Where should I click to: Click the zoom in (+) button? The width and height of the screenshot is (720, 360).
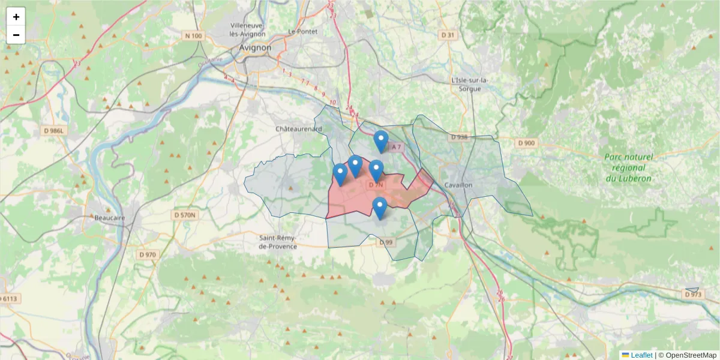click(x=16, y=17)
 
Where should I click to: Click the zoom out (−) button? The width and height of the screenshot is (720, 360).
click(x=16, y=35)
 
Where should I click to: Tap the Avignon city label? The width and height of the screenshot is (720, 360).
click(x=255, y=48)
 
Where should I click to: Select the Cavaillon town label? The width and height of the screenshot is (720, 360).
click(x=459, y=185)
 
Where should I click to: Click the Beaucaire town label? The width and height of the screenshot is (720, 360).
click(x=110, y=218)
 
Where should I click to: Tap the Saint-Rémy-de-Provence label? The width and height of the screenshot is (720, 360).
click(x=277, y=242)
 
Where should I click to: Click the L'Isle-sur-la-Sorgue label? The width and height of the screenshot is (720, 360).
click(x=470, y=84)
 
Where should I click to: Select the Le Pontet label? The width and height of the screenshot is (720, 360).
click(x=301, y=31)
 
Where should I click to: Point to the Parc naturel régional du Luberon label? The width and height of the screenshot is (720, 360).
click(x=628, y=167)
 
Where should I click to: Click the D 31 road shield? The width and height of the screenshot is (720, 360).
click(x=448, y=35)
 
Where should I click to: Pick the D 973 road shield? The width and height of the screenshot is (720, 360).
click(x=692, y=295)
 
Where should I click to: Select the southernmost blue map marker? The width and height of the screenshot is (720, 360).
click(x=379, y=208)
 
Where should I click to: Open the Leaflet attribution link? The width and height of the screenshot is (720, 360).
click(x=641, y=355)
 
